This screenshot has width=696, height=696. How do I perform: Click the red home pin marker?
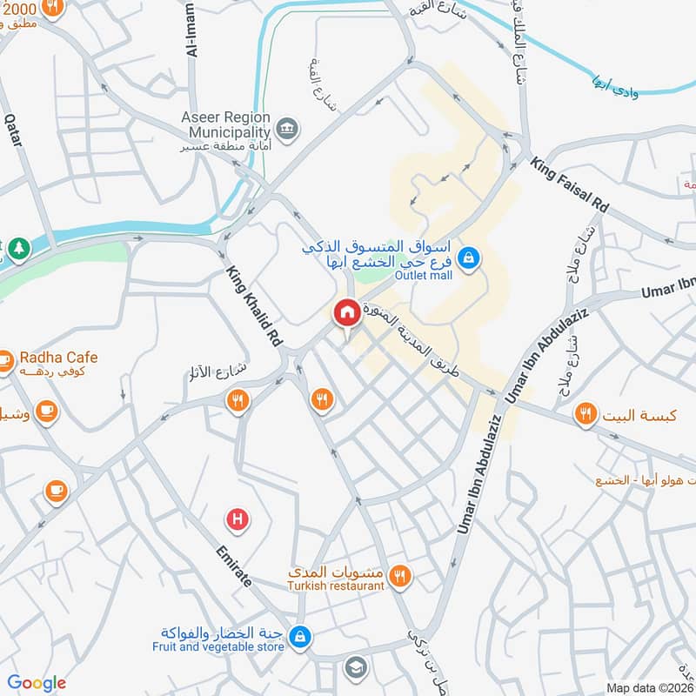[x=346, y=312]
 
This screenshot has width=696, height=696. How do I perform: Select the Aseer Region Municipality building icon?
[x=289, y=130]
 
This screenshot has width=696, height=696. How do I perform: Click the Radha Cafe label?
[x=58, y=358]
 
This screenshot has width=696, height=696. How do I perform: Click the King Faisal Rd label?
[x=571, y=186]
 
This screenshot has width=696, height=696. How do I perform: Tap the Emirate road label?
[x=234, y=567]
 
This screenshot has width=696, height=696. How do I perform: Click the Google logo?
[x=37, y=683]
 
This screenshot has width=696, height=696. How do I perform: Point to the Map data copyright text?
[x=648, y=687]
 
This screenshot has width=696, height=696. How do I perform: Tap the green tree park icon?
[x=19, y=249]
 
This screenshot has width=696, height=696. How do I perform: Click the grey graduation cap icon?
[x=355, y=667]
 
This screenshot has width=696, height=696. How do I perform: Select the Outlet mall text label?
[x=425, y=276]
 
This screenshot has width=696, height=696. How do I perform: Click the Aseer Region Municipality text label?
[x=225, y=124]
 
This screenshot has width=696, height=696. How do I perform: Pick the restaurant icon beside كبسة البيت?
[x=586, y=415]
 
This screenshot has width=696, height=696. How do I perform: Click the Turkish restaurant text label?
[x=336, y=586]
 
